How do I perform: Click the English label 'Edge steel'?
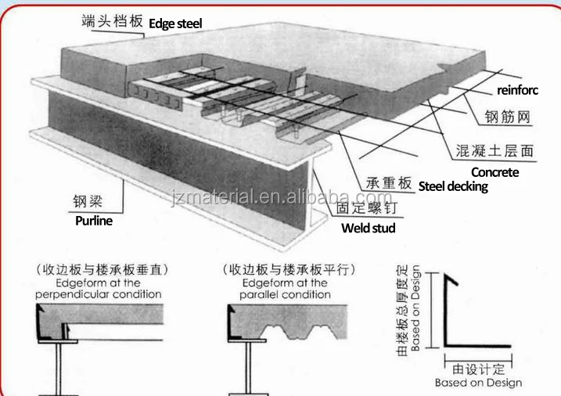tap(175, 23)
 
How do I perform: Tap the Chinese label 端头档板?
tap(112, 21)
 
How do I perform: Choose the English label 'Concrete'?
tap(494, 171)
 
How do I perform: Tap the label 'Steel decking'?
tap(453, 186)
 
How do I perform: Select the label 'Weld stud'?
tap(369, 228)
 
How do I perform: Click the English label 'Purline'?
tap(94, 221)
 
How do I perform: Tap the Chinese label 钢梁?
tap(88, 201)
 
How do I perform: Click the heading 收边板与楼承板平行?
tap(288, 270)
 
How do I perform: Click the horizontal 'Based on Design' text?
tap(479, 383)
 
